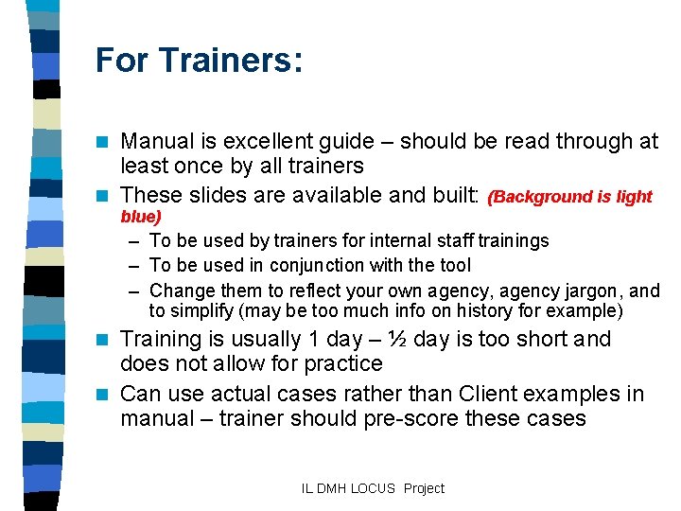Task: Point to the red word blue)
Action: tap(141, 217)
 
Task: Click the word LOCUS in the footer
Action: tap(375, 488)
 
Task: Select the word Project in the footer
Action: tap(424, 488)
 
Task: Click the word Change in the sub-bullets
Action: tap(181, 290)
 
